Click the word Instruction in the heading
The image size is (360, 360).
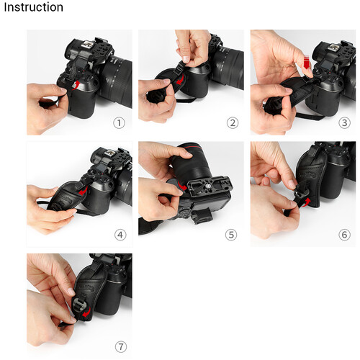pyautogui.click(x=34, y=7)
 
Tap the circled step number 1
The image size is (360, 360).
pyautogui.click(x=119, y=123)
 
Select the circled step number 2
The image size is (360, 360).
pyautogui.click(x=233, y=123)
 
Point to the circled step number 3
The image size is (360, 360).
pyautogui.click(x=344, y=123)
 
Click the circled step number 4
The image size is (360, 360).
pyautogui.click(x=120, y=235)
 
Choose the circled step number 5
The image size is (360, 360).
pyautogui.click(x=231, y=235)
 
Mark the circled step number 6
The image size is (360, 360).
pyautogui.click(x=344, y=235)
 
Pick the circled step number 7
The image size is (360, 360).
pyautogui.click(x=121, y=347)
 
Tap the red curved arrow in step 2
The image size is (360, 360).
pyautogui.click(x=181, y=80)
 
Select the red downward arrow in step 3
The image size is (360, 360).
pyautogui.click(x=307, y=62)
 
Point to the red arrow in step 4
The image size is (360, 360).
pyautogui.click(x=83, y=191)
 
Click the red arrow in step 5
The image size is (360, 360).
pyautogui.click(x=183, y=186)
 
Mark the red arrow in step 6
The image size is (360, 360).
pyautogui.click(x=305, y=202)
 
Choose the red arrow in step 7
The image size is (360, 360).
pyautogui.click(x=86, y=312)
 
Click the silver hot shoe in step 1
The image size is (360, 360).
pyautogui.click(x=87, y=45)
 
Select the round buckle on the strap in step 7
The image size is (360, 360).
pyautogui.click(x=80, y=305)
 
